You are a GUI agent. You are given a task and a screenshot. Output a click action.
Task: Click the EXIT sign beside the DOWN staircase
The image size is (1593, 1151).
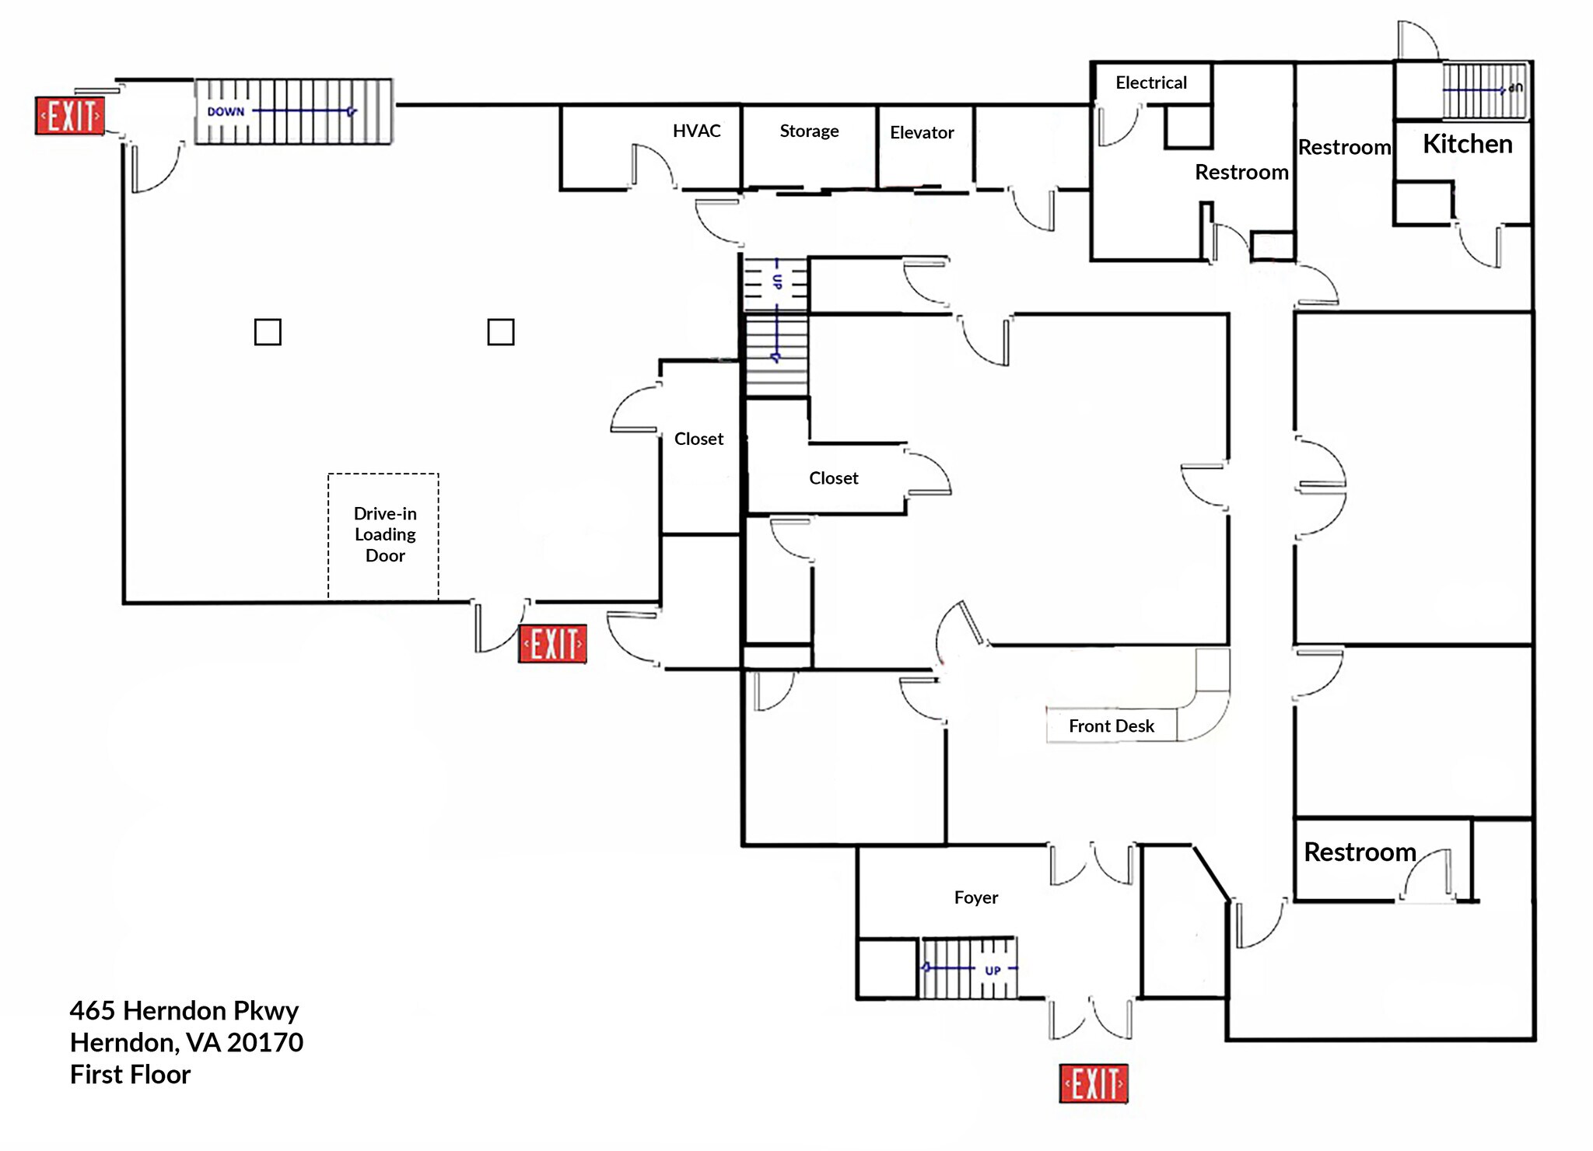70,116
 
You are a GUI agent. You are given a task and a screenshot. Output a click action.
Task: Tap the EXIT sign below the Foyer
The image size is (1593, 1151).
1093,1083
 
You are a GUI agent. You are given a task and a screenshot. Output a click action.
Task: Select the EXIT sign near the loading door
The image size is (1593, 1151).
552,644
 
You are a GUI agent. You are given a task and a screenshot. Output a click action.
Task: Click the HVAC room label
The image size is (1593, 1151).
696,131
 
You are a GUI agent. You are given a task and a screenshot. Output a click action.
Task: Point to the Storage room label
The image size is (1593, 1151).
809,131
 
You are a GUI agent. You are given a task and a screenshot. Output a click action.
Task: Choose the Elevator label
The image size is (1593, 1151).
922,132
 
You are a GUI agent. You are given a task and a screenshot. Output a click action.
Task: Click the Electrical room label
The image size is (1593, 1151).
1151,82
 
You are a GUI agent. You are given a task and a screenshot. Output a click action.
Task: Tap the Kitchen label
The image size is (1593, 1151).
1467,144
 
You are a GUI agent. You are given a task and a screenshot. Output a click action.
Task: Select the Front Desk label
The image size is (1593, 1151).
1111,726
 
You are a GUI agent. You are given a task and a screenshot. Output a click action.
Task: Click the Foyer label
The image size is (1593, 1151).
975,897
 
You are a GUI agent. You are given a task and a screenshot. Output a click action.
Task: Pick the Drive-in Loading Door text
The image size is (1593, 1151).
385,534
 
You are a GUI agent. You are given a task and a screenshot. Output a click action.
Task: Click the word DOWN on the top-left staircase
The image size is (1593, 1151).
226,112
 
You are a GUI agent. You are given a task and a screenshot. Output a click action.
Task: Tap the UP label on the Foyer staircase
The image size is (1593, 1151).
993,971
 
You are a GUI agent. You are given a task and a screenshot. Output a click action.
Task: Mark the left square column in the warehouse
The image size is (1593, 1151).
268,332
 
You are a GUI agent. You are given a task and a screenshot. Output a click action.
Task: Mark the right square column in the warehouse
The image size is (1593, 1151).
500,332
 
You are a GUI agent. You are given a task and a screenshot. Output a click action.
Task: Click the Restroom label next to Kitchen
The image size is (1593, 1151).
1344,147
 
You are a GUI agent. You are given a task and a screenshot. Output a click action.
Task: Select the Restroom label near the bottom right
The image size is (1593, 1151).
1360,852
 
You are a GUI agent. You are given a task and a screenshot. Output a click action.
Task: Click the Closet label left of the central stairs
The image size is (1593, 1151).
698,439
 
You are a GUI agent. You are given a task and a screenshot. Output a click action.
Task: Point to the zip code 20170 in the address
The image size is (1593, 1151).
264,1042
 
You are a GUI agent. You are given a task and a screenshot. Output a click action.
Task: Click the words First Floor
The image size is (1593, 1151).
130,1074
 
